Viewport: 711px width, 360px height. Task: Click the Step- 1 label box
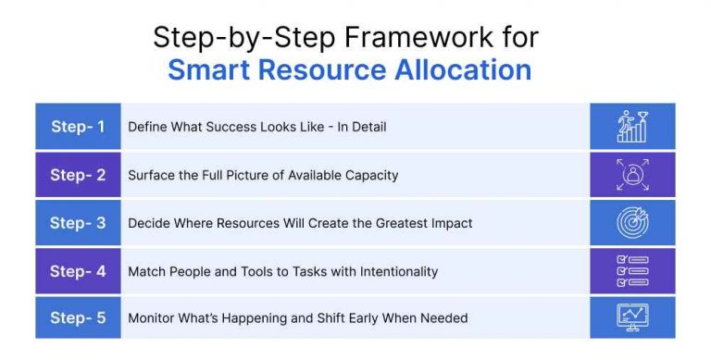coord(78,127)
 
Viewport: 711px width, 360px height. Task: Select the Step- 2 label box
coord(78,175)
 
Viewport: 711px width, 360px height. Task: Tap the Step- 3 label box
coord(78,223)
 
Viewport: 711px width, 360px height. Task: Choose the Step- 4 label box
coord(78,271)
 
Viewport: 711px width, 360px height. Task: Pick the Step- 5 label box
coord(78,318)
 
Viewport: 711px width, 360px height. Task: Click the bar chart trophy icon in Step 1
coord(632,127)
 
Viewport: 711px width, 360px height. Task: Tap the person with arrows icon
coord(632,175)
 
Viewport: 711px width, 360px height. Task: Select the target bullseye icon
coord(632,223)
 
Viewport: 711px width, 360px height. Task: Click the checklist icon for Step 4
coord(632,271)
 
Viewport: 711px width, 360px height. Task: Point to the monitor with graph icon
coord(632,318)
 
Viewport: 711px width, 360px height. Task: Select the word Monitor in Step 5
coord(153,318)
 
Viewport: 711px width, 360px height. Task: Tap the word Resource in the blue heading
coord(329,70)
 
